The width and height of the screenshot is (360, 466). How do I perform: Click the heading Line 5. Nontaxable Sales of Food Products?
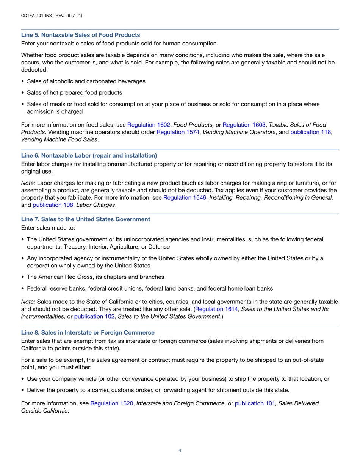pyautogui.click(x=80, y=35)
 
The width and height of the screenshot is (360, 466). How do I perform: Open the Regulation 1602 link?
pyautogui.click(x=149, y=124)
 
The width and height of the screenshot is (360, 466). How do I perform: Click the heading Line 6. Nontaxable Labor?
pyautogui.click(x=89, y=155)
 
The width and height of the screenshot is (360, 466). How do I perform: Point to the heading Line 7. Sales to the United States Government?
pyautogui.click(x=86, y=219)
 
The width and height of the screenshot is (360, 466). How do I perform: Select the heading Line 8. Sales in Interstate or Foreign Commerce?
pyautogui.click(x=88, y=332)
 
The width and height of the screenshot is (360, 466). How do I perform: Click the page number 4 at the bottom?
pyautogui.click(x=180, y=450)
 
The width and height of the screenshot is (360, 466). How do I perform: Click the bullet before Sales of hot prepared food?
pyautogui.click(x=23, y=92)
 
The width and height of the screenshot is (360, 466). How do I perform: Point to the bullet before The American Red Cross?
pyautogui.click(x=23, y=277)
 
